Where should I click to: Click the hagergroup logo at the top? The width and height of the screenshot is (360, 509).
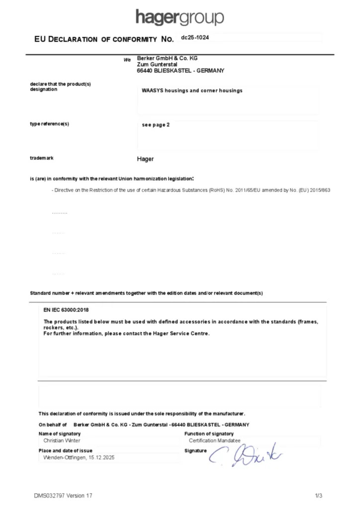click(180, 18)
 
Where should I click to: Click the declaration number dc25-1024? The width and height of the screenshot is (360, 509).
click(195, 37)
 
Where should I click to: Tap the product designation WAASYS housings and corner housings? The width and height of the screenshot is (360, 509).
click(192, 90)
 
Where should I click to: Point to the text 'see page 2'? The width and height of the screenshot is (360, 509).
click(156, 125)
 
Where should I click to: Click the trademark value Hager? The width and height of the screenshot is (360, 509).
click(145, 159)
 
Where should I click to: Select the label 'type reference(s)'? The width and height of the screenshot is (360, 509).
click(49, 124)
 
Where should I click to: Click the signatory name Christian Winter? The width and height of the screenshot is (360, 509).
click(62, 440)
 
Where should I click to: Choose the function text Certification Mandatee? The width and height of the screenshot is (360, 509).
click(214, 440)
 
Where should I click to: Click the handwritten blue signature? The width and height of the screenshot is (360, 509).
click(245, 453)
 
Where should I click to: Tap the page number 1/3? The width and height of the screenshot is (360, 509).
click(319, 496)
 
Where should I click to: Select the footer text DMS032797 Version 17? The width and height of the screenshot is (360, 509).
click(63, 496)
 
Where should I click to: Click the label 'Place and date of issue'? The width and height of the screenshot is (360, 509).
click(65, 450)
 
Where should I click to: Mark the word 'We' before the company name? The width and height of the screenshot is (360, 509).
click(127, 60)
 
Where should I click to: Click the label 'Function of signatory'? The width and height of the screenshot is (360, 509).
click(209, 434)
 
